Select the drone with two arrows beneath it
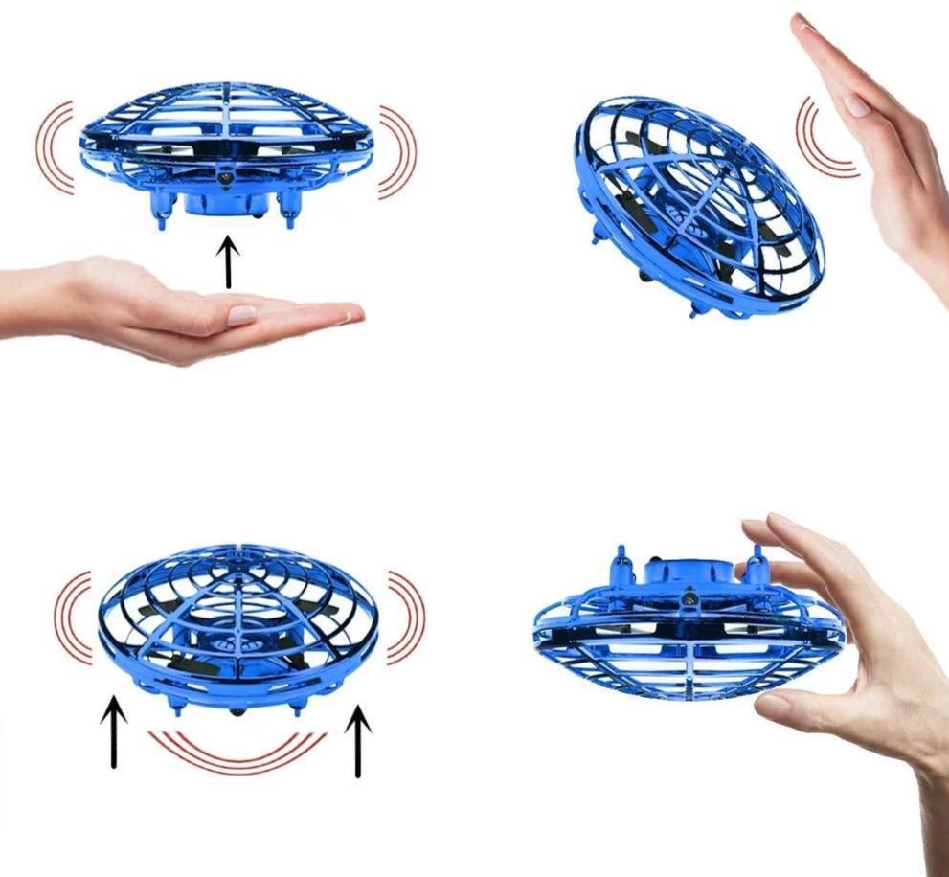(x=239, y=627)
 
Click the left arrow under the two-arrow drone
(x=115, y=733)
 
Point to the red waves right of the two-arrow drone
(x=406, y=617)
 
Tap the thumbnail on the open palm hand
(x=240, y=315)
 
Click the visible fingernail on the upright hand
(x=856, y=104)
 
